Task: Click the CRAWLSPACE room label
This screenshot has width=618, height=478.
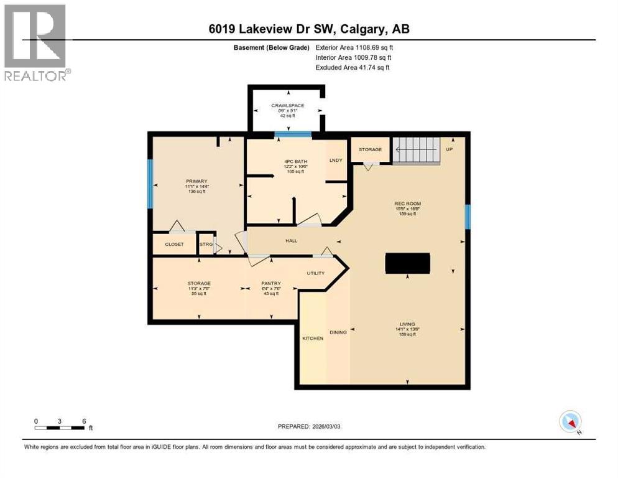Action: [x=286, y=105]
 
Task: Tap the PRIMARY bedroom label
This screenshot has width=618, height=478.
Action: [x=196, y=182]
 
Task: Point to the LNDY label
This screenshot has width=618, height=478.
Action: [x=336, y=161]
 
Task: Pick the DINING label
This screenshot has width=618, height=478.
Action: [x=338, y=332]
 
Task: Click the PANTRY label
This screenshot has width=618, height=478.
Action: [x=271, y=283]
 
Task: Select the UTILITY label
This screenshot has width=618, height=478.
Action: [x=316, y=273]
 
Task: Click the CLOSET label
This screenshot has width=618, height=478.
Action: [x=174, y=245]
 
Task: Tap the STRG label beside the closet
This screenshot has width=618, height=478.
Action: [x=206, y=245]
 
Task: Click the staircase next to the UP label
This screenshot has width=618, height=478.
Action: [x=416, y=150]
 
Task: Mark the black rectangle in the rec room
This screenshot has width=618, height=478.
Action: [x=408, y=263]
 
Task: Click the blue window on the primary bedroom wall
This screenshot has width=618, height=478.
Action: [x=150, y=184]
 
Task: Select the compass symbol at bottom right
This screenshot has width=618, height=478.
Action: [x=570, y=421]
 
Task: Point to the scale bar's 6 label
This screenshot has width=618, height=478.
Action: [x=83, y=421]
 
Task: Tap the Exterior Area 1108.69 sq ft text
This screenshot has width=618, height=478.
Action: [x=354, y=47]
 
